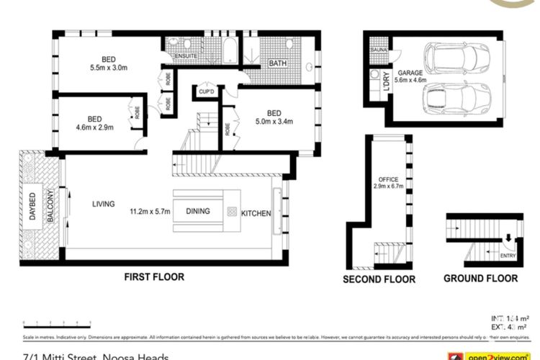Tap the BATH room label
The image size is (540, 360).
pyautogui.click(x=277, y=63)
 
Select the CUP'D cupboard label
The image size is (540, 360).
pyautogui.click(x=207, y=93)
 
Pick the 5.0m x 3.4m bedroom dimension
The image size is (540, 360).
pyautogui.click(x=274, y=122)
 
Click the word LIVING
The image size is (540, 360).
pyautogui.click(x=104, y=204)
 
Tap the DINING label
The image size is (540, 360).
pyautogui.click(x=199, y=212)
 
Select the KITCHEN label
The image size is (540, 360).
pyautogui.click(x=256, y=213)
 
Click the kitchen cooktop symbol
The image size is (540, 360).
pyautogui.click(x=232, y=212)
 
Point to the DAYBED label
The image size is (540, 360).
pyautogui.click(x=33, y=206)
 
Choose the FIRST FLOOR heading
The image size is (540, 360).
pyautogui.click(x=153, y=276)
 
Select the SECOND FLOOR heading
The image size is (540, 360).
pyautogui.click(x=379, y=279)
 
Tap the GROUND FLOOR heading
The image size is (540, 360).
pyautogui.click(x=480, y=278)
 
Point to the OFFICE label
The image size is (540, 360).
pyautogui.click(x=388, y=179)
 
